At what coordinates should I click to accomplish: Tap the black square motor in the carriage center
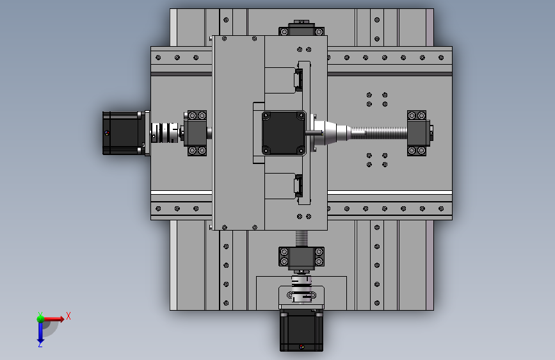point(284,133)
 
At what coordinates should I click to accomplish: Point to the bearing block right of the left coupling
point(196,133)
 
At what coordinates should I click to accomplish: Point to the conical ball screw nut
point(333,133)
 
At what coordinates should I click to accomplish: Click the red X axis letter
point(68,316)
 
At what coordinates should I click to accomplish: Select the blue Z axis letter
point(40,344)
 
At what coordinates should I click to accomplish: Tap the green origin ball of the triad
point(40,318)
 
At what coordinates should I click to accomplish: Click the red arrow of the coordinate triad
point(54,318)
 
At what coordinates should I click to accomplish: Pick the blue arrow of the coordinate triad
point(40,331)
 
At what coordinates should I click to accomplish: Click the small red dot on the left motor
point(106,133)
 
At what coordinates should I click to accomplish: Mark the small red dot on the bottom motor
point(302,347)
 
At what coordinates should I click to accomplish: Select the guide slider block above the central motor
point(298,79)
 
